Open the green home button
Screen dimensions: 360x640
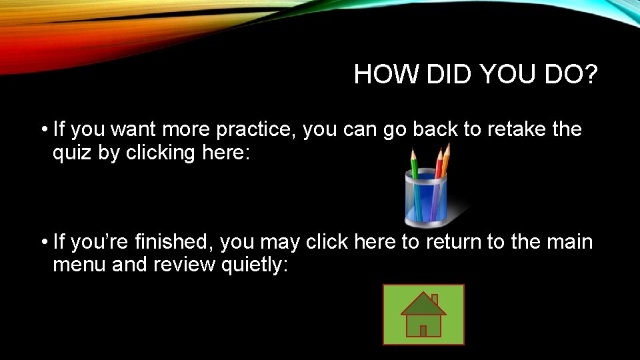(x=423, y=315)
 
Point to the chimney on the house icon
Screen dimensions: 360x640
(x=435, y=299)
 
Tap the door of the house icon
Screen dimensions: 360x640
(x=423, y=329)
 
